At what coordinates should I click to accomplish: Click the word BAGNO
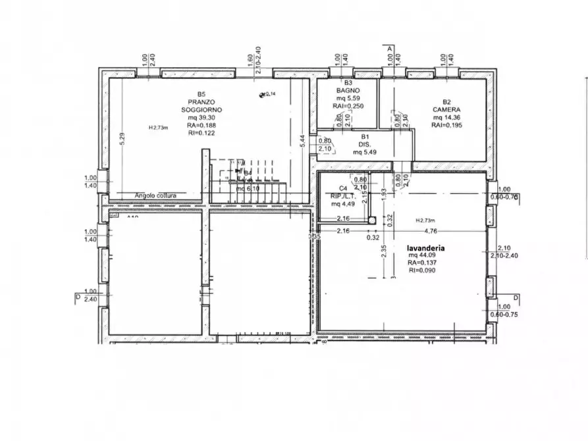coord(348,91)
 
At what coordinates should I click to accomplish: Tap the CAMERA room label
coord(446,109)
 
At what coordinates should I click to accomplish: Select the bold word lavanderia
coord(425,248)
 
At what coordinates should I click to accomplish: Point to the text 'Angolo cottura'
coord(156,195)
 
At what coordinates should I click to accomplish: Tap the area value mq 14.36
coord(446,117)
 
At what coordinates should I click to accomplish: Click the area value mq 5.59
coord(348,98)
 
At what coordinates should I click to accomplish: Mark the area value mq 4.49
coord(343,203)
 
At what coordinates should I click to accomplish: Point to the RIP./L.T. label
coord(343,195)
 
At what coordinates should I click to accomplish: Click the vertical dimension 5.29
coord(122,140)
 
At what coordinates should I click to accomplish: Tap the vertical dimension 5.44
coord(302,141)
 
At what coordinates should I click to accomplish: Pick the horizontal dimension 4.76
coord(431,231)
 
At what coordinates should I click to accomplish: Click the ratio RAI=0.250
coord(348,105)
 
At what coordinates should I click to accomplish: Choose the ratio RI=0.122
coord(201,132)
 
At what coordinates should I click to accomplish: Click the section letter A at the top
coord(390,49)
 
